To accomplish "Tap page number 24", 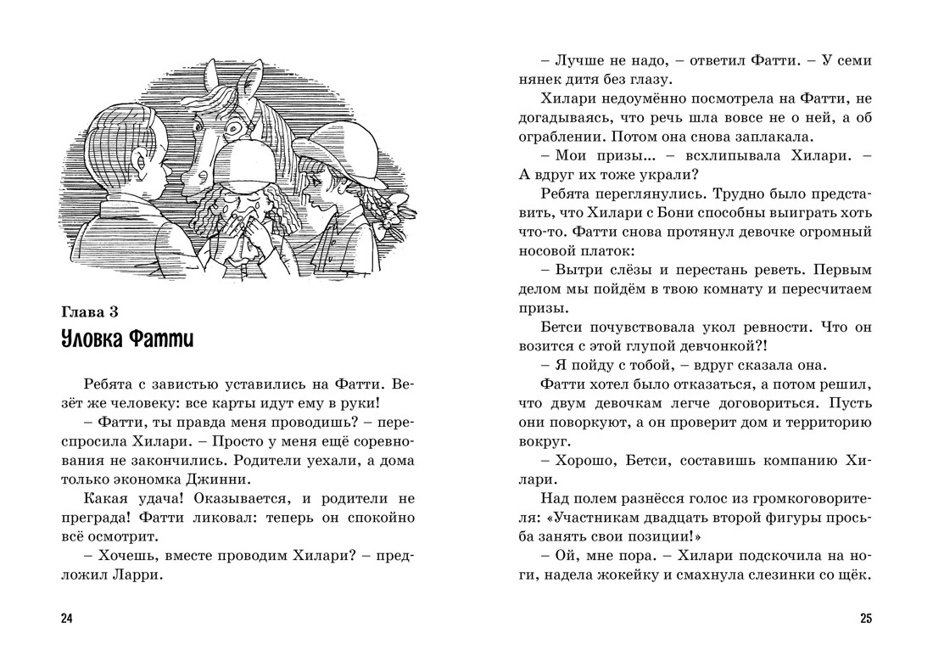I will pos(67,618).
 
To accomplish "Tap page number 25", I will pos(865,618).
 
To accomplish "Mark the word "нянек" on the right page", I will pos(545,80).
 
